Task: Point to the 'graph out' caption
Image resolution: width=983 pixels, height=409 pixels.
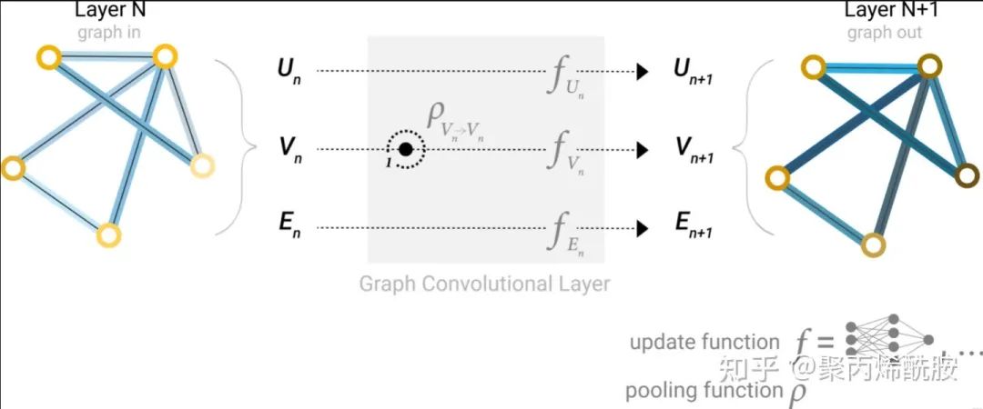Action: [x=884, y=33]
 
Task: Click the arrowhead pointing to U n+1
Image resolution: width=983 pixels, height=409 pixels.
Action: [x=643, y=71]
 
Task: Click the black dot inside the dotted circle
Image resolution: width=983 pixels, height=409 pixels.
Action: [x=406, y=149]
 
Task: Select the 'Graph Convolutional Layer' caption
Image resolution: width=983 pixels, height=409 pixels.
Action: [x=484, y=284]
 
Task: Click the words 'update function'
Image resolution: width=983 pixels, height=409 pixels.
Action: [x=704, y=343]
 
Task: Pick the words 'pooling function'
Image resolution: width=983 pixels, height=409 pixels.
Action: [x=703, y=391]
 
